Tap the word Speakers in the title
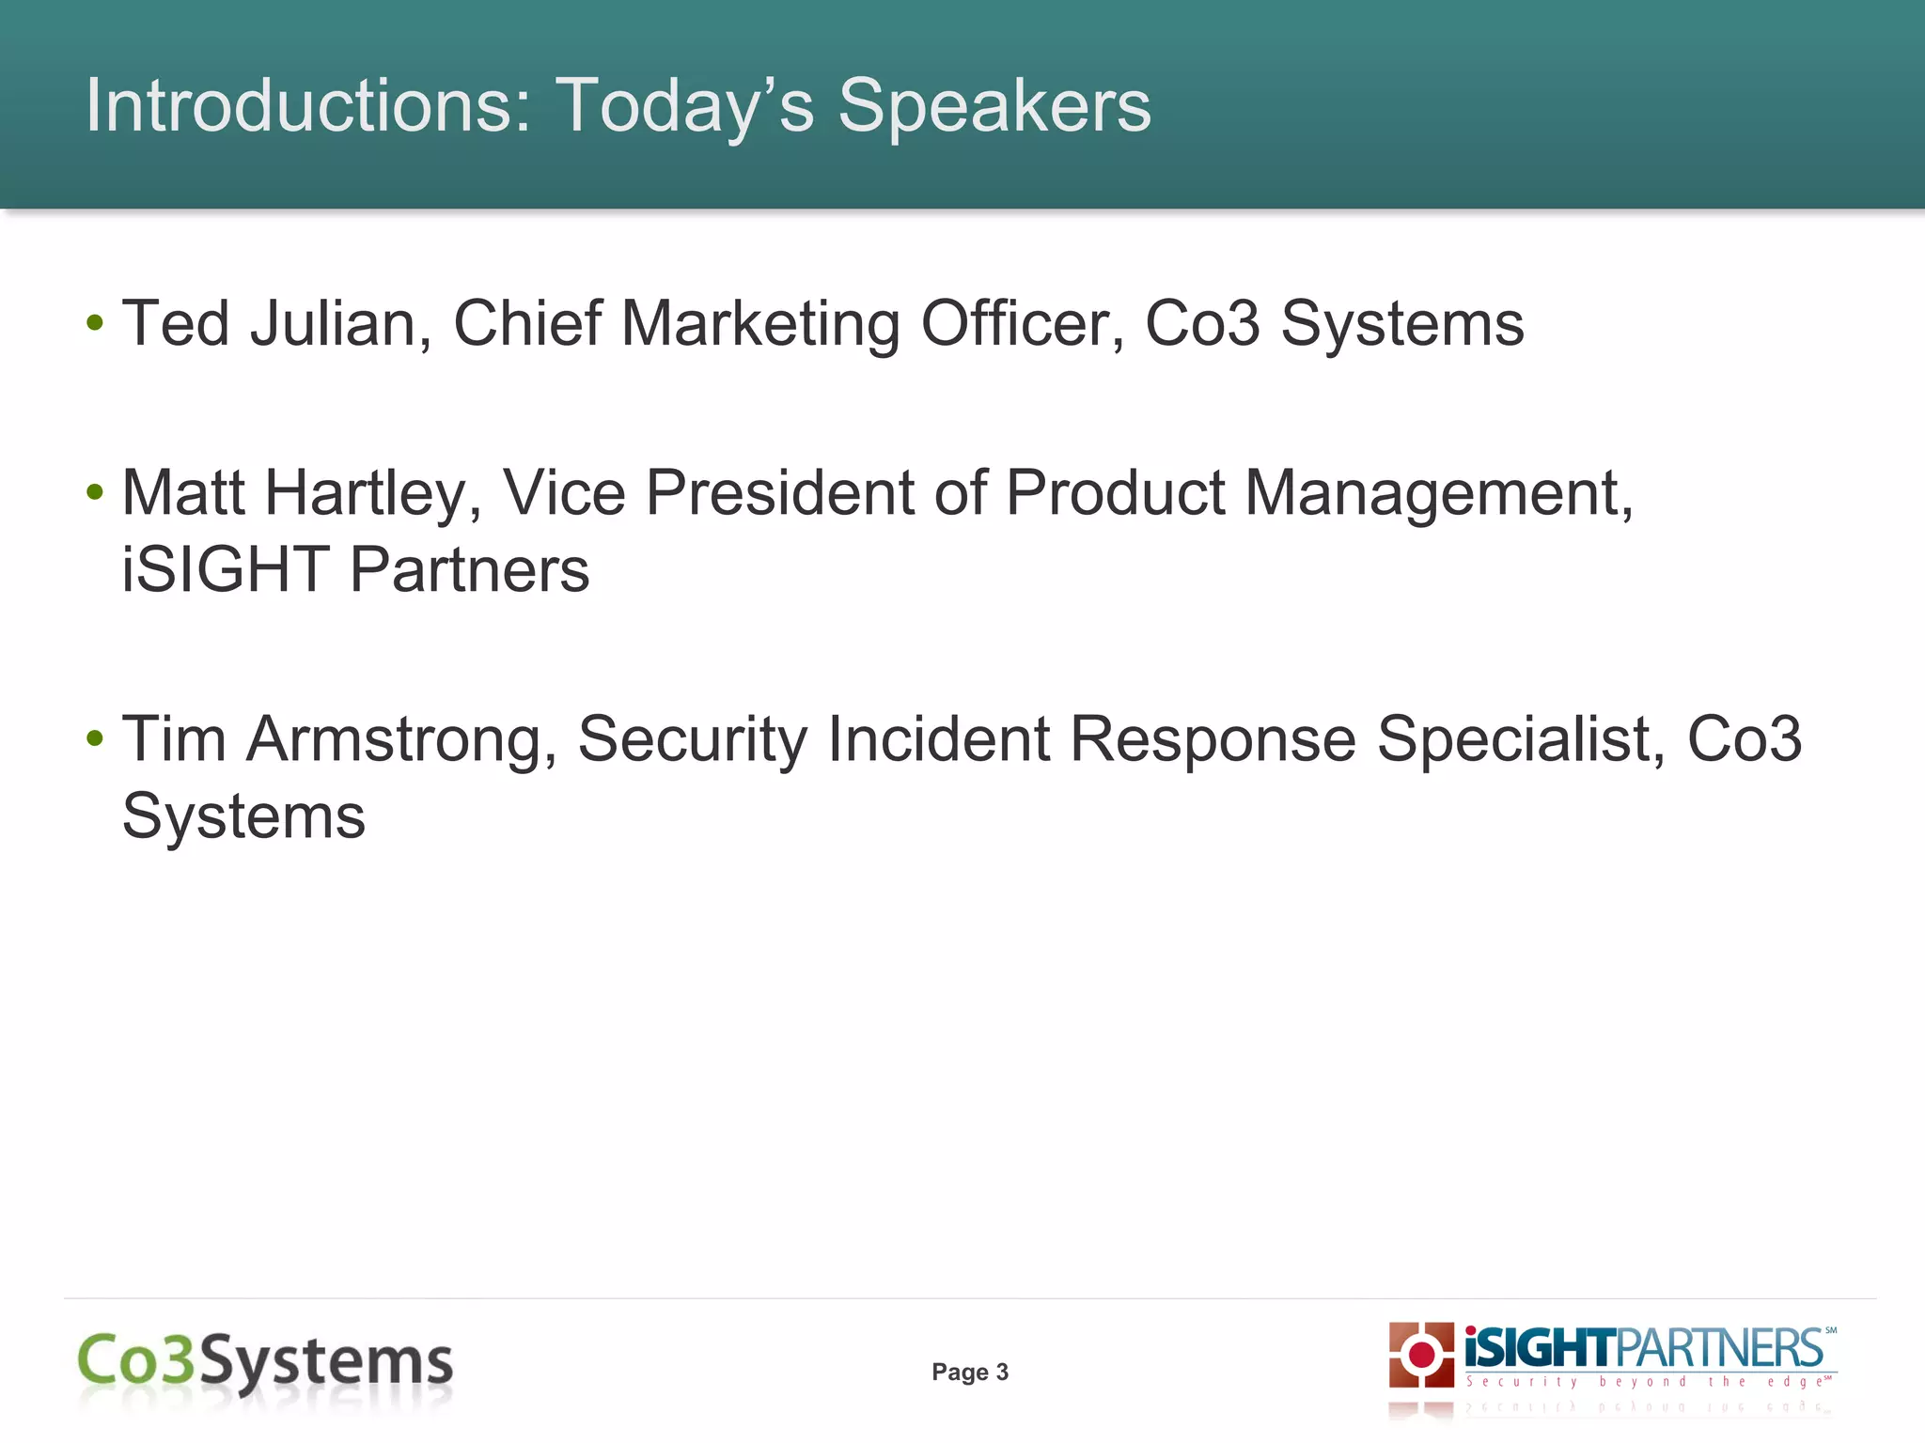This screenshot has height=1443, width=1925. point(994,107)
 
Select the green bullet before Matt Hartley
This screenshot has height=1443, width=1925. point(94,492)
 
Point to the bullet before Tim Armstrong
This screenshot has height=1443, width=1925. point(94,738)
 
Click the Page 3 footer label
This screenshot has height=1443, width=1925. point(970,1373)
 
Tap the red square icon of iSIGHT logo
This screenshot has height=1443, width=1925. point(1421,1355)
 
